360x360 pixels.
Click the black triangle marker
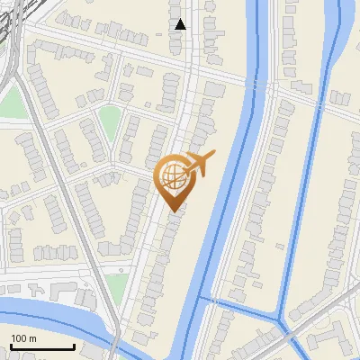pos(181,24)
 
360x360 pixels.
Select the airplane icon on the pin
pos(199,164)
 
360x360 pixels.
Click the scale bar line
pos(41,347)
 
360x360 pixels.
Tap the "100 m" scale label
pos(23,338)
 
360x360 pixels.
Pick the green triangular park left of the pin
pos(111,122)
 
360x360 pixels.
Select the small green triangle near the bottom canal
pos(115,286)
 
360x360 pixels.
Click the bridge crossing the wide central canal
pos(255,85)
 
